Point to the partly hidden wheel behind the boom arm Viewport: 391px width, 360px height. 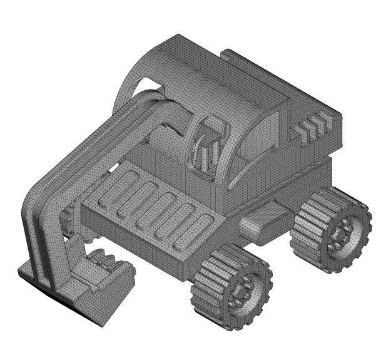(66, 216)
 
